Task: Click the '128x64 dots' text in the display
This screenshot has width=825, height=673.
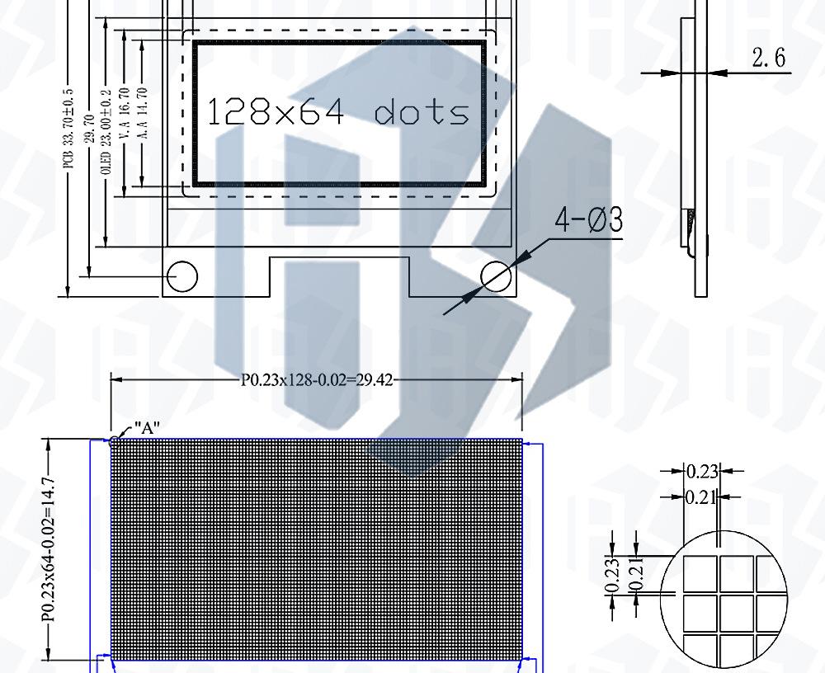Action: (x=338, y=111)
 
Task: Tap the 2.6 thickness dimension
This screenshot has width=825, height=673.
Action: (x=769, y=58)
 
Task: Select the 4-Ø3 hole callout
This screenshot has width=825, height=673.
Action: (x=589, y=219)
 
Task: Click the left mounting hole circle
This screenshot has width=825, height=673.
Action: (x=182, y=276)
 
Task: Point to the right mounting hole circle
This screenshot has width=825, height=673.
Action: (x=496, y=276)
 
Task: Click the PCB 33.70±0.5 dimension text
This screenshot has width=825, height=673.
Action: (x=68, y=129)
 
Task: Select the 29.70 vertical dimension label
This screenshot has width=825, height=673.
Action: (x=90, y=129)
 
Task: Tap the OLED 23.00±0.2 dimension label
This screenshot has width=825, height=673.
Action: (x=106, y=132)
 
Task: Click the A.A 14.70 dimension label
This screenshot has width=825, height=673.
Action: (x=142, y=113)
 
